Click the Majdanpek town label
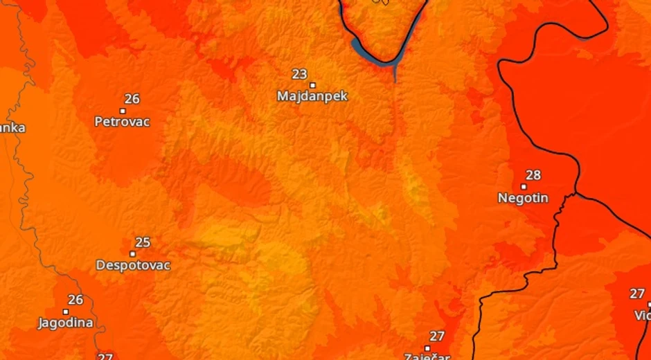pos(312,96)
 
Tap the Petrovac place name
pos(122,122)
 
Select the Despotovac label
pos(133,265)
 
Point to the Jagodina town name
pos(66,323)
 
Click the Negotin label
pos(523,198)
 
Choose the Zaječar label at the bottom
pos(427,356)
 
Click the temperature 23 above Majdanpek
pos(299,74)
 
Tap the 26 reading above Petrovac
pos(132,99)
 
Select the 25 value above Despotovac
pos(143,242)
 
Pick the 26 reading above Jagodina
pos(75,300)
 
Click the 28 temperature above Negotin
pos(533,175)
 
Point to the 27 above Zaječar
pos(437,336)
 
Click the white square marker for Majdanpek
pos(312,85)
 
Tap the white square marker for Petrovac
pos(123,111)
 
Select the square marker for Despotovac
pos(133,254)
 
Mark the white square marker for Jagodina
pos(66,312)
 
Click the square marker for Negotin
pos(524,186)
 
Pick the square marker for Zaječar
pos(427,348)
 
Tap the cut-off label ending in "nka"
pos(12,128)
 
